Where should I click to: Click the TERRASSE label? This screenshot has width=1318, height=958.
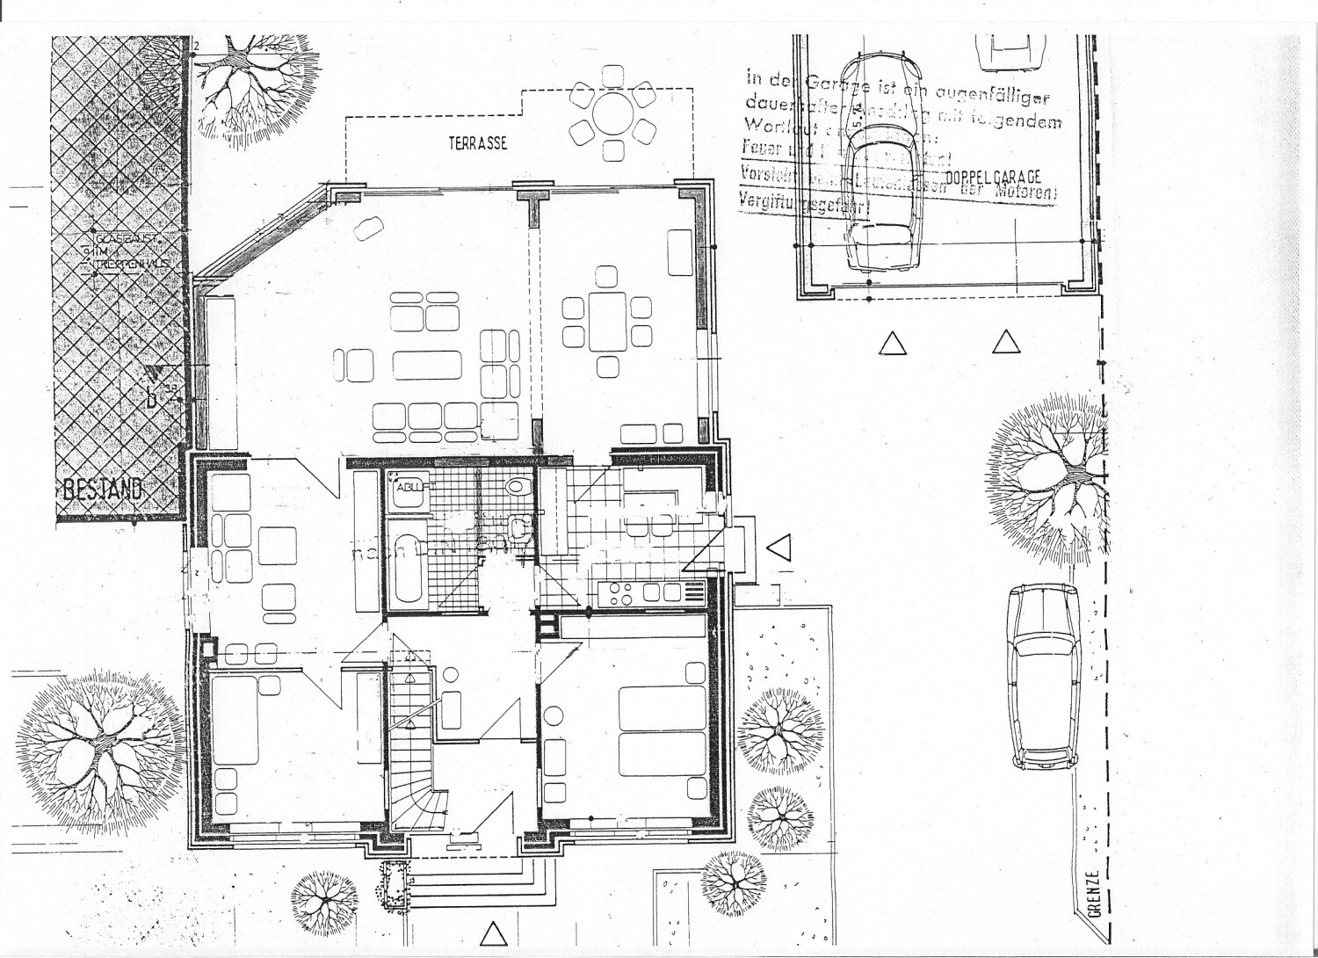pyautogui.click(x=477, y=143)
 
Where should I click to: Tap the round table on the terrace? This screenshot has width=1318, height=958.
pyautogui.click(x=612, y=112)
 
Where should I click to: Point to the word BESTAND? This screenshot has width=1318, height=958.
pyautogui.click(x=102, y=490)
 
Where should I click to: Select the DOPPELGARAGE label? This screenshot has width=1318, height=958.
pyautogui.click(x=994, y=177)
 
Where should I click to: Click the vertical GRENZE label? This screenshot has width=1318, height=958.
pyautogui.click(x=1092, y=893)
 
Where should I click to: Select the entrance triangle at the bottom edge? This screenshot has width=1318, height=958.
pyautogui.click(x=495, y=931)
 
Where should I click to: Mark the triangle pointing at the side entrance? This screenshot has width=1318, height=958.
pyautogui.click(x=778, y=548)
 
